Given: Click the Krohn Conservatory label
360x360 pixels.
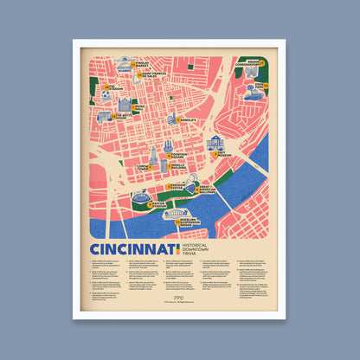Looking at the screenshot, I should pos(245,61).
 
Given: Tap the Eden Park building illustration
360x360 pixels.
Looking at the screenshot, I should pos(252,91).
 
